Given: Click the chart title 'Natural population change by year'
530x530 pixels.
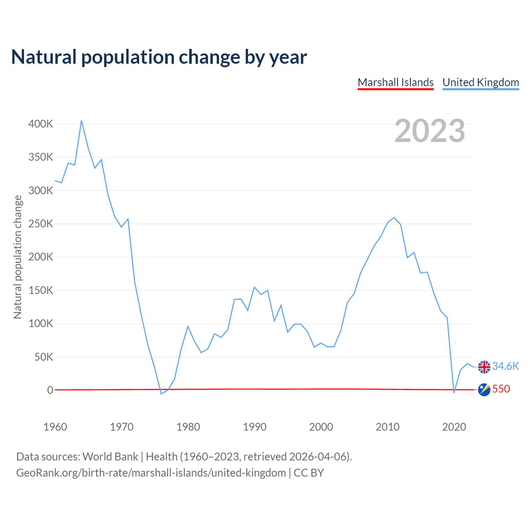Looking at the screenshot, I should click(159, 57).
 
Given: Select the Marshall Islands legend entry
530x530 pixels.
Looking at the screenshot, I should click(395, 82).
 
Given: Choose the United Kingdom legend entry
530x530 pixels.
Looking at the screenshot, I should click(480, 82).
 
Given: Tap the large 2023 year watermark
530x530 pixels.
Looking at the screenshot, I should click(429, 131).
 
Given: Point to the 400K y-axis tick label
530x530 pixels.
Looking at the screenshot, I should click(41, 124).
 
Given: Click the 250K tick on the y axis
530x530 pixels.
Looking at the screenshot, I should click(41, 224).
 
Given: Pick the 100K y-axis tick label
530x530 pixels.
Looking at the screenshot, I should click(41, 323).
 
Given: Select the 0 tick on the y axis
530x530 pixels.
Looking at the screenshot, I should click(50, 390).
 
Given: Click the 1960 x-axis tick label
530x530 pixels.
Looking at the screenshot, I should click(55, 427).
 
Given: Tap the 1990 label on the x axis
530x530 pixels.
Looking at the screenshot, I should click(255, 427).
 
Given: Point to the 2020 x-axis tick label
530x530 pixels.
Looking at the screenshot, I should click(454, 427).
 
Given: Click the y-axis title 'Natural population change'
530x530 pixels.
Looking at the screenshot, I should click(18, 257).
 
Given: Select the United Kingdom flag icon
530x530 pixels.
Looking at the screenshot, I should click(484, 367).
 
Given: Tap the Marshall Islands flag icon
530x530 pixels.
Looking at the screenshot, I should click(484, 390).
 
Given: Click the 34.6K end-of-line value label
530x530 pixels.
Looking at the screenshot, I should click(506, 366).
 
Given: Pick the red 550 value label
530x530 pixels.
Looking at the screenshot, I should click(501, 389).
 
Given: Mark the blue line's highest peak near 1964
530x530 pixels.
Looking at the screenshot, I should click(82, 120).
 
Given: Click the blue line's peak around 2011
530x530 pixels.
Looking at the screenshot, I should click(394, 217).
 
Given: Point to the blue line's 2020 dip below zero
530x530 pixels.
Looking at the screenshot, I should click(454, 392).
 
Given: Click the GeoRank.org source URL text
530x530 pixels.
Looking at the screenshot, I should click(151, 473).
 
